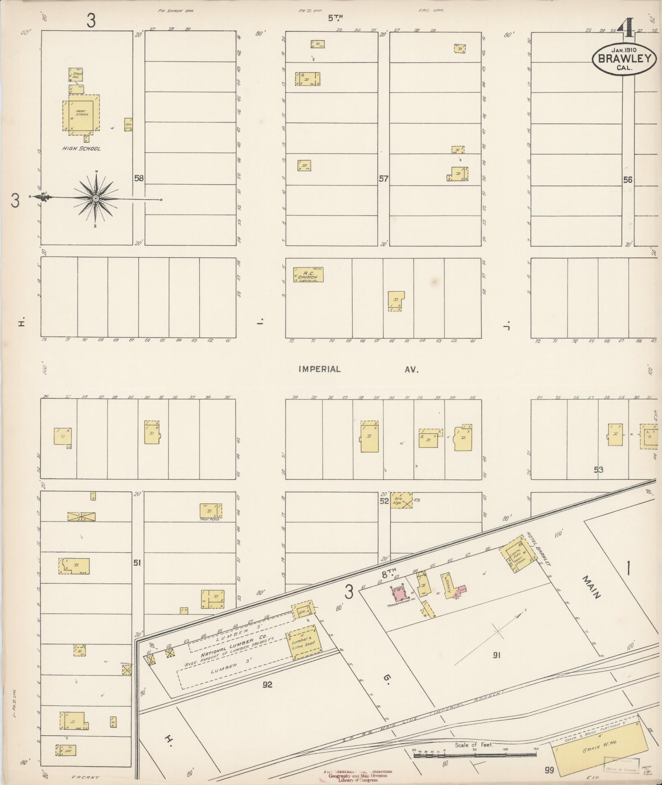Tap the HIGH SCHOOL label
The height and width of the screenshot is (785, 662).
point(81,149)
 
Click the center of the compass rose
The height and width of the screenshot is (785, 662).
point(96,199)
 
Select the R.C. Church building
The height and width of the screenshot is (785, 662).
point(308,275)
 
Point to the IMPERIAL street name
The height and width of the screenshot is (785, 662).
point(320,369)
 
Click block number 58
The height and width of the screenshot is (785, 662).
point(139,179)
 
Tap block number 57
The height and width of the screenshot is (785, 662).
point(383,179)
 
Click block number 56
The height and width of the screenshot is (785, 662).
point(628,180)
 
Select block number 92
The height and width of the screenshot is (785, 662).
point(268,684)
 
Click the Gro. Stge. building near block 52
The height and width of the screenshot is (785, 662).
point(401,501)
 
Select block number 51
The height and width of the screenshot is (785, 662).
point(137,563)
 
